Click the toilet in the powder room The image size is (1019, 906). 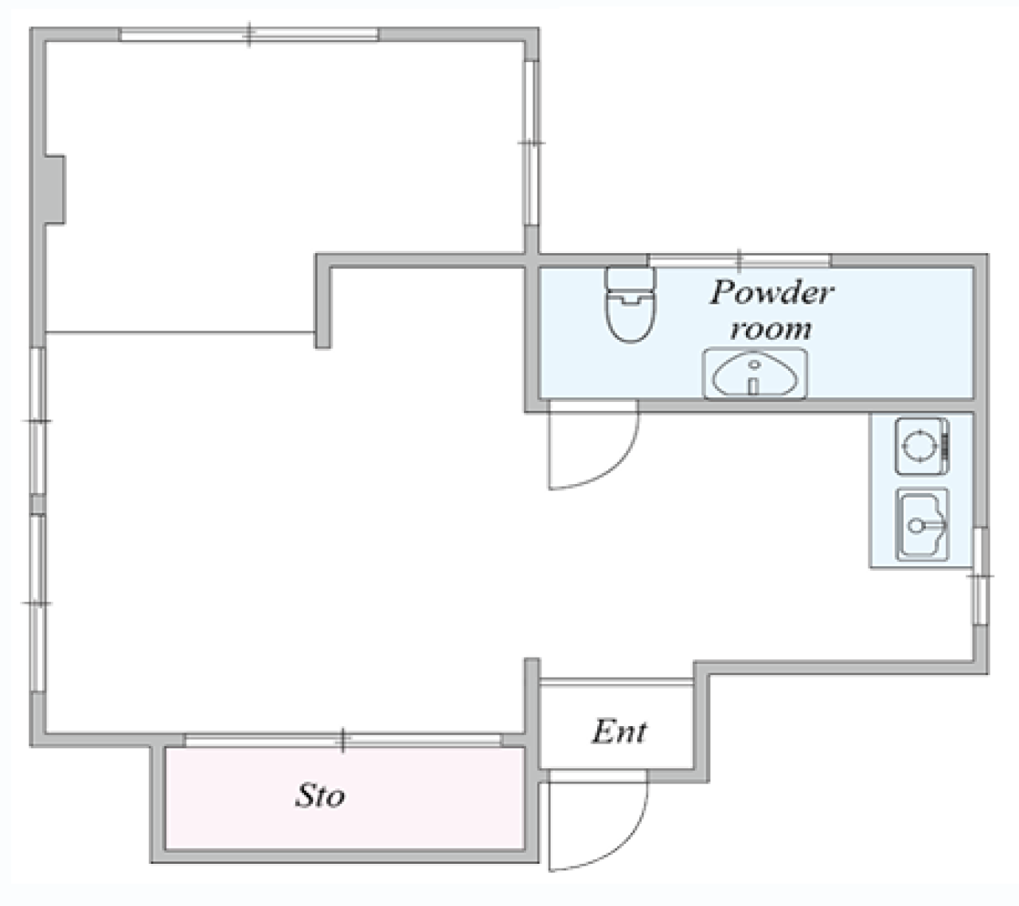coord(631,304)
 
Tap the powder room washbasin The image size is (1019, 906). coord(755,373)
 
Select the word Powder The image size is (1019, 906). coord(771,292)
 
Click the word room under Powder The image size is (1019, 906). coord(771,330)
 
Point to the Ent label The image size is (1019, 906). coord(619,732)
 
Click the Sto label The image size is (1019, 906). coord(320,796)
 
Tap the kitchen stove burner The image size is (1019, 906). coord(921,446)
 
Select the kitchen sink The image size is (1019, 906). coord(922,525)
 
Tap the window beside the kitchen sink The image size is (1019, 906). coord(980,576)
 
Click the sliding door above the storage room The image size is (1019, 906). coord(343,740)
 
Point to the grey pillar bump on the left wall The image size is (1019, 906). coord(55,189)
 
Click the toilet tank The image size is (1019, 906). coord(631,279)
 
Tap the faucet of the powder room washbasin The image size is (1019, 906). coord(753,385)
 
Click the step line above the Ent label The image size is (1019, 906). coord(617,682)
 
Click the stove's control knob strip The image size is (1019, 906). coord(944,446)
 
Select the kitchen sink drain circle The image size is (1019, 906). coord(916,525)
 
